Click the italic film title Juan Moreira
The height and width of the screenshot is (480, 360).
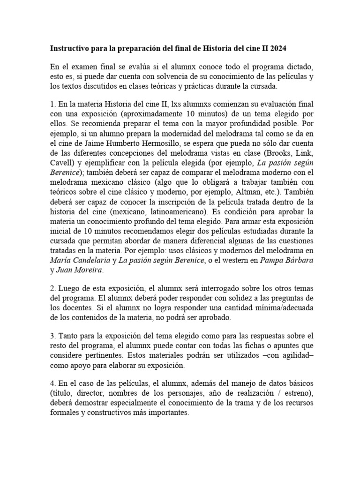click(80, 270)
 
